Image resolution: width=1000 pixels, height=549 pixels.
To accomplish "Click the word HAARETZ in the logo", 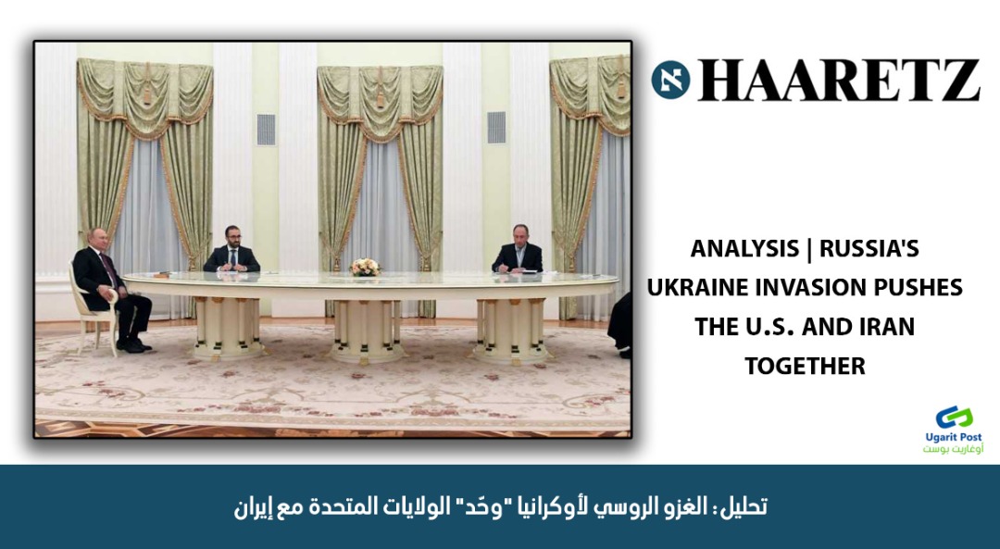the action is click(839, 80).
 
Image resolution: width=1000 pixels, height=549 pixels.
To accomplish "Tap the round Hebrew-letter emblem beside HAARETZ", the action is click(670, 80).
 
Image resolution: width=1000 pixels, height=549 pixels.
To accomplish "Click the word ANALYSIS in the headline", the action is click(744, 248).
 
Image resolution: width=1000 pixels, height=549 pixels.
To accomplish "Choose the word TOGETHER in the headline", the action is click(805, 366).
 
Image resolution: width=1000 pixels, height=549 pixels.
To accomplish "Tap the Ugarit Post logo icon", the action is click(954, 418).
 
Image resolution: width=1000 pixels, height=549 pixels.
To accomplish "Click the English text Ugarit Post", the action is click(954, 437).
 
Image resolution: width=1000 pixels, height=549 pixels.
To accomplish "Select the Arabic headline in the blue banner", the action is click(500, 507).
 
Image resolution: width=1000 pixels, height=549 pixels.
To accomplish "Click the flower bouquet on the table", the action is click(366, 267).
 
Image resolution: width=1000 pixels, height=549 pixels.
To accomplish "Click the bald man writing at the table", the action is click(518, 249).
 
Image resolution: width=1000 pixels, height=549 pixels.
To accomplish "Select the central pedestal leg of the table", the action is click(366, 329).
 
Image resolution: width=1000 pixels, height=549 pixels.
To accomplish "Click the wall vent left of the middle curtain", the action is click(266, 130).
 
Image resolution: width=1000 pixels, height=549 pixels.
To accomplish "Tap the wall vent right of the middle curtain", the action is click(496, 128).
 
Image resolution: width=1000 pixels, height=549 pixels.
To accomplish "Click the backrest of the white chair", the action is click(78, 290).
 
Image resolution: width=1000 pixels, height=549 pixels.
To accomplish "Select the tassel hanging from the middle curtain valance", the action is click(381, 95).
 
